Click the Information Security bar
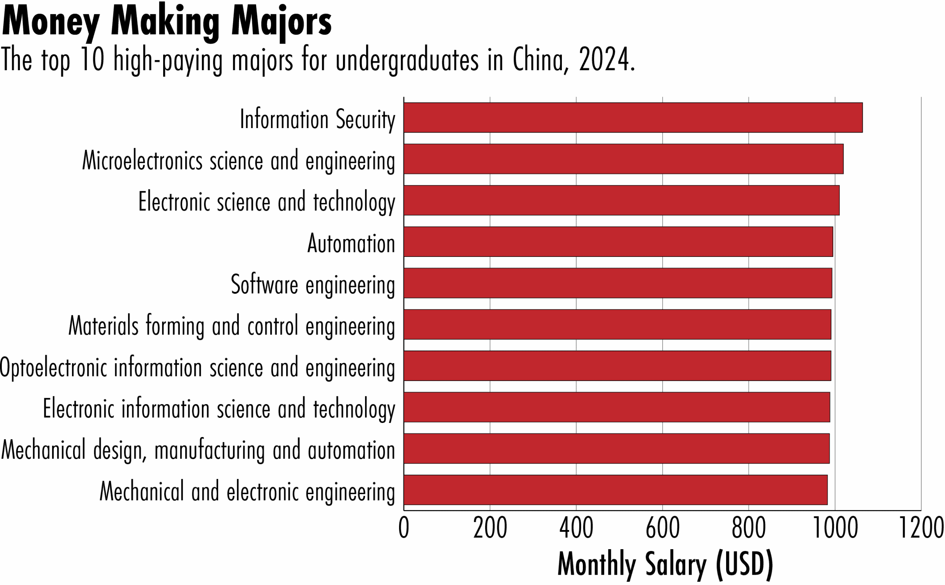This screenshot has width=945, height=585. pyautogui.click(x=633, y=118)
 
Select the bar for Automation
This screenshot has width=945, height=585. pyautogui.click(x=618, y=242)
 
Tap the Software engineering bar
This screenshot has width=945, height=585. pyautogui.click(x=618, y=283)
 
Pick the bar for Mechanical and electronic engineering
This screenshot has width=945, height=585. pyautogui.click(x=615, y=490)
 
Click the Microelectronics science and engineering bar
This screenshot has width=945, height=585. pyautogui.click(x=623, y=159)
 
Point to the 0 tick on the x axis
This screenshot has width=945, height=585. pyautogui.click(x=403, y=529)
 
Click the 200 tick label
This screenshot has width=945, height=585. pyautogui.click(x=490, y=529)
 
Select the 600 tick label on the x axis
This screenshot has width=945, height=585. pyautogui.click(x=662, y=529)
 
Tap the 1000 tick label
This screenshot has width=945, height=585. pyautogui.click(x=835, y=529)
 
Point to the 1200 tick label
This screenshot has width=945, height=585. pyautogui.click(x=921, y=529)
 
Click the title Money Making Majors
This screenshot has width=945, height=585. pyautogui.click(x=166, y=23)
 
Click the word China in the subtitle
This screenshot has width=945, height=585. pyautogui.click(x=540, y=60)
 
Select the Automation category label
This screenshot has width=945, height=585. pyautogui.click(x=351, y=244)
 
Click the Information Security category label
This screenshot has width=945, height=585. pyautogui.click(x=317, y=120)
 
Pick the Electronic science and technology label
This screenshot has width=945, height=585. pyautogui.click(x=267, y=202)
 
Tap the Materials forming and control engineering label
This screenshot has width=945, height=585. pyautogui.click(x=231, y=326)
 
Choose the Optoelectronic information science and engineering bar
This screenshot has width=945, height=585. pyautogui.click(x=617, y=366)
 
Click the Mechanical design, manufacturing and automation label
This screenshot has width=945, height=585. pyautogui.click(x=198, y=450)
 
